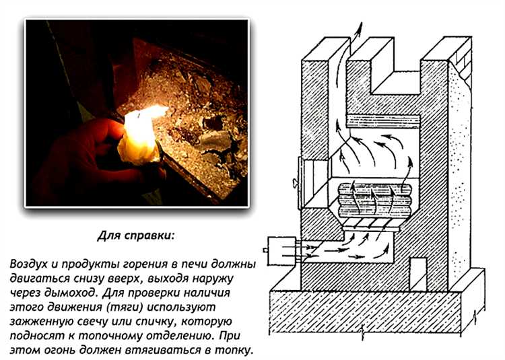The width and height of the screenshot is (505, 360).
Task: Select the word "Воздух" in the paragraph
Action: click(x=29, y=264)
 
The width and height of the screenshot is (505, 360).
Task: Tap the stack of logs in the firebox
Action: click(x=374, y=199)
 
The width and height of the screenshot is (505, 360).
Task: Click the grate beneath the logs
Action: click(x=371, y=224)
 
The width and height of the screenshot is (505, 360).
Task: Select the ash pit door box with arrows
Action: click(x=282, y=251)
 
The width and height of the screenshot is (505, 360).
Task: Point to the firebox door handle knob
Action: click(x=295, y=184)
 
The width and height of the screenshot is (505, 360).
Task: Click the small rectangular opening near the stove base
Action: click(x=417, y=274)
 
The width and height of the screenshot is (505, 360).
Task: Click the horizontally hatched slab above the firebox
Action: click(x=383, y=121)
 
